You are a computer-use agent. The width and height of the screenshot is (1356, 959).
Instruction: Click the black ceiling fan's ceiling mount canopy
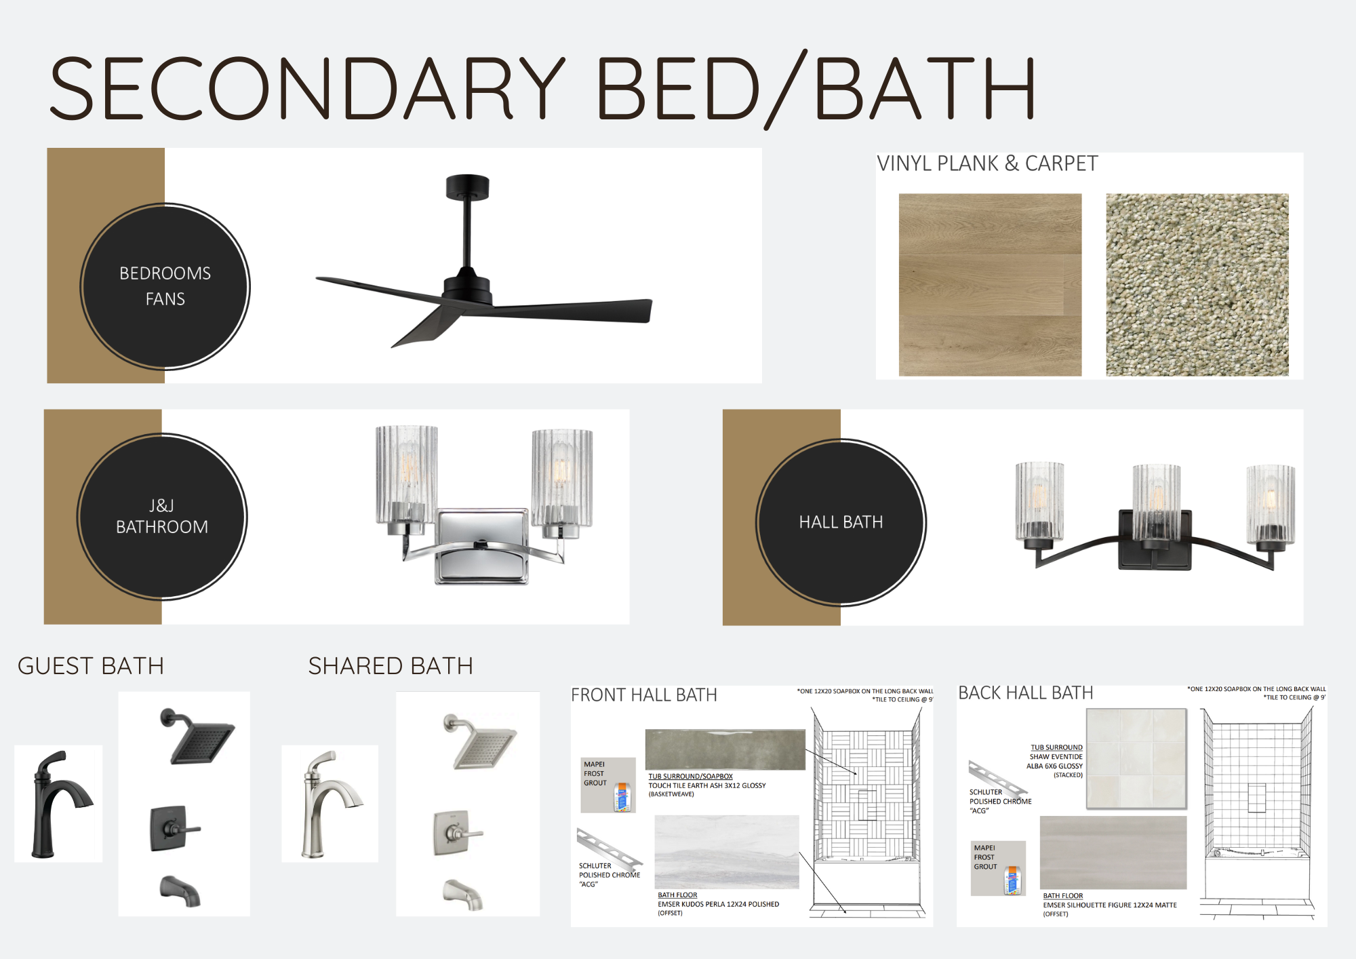click(467, 187)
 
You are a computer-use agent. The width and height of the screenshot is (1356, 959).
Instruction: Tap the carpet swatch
click(1197, 285)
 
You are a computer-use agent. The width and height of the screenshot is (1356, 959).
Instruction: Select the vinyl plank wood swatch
click(990, 285)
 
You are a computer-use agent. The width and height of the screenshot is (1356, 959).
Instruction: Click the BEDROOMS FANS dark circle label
click(165, 286)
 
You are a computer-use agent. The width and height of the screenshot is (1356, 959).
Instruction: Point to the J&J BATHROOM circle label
click(162, 517)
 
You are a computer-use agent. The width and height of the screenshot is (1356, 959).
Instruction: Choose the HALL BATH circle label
click(841, 522)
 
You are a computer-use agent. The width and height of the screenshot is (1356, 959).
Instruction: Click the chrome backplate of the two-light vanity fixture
click(481, 547)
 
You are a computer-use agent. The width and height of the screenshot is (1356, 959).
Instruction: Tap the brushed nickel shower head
click(481, 741)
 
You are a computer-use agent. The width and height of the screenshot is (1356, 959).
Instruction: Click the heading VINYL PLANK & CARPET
click(987, 163)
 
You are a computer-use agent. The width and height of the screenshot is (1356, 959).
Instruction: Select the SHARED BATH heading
click(391, 666)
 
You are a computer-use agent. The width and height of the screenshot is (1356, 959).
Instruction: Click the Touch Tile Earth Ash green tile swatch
click(725, 749)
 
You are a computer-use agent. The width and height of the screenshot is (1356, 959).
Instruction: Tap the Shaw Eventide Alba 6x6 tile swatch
click(1136, 759)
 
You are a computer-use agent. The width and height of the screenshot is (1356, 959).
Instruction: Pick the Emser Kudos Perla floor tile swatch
click(727, 853)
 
